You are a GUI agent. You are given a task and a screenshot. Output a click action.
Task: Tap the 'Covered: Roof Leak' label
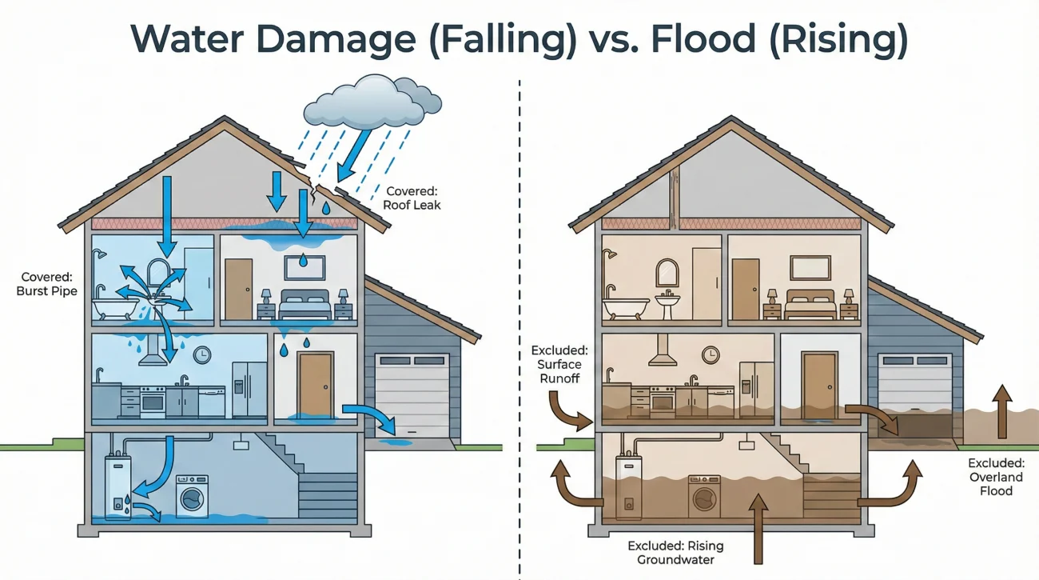pyautogui.click(x=413, y=198)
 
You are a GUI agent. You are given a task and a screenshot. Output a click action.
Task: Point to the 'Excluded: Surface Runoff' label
pyautogui.click(x=559, y=364)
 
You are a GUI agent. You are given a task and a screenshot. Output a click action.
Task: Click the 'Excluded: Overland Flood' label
pyautogui.click(x=996, y=476)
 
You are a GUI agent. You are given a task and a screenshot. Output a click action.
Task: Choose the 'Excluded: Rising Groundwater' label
pyautogui.click(x=675, y=552)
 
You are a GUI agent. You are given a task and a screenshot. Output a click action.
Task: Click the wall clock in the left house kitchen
pyautogui.click(x=201, y=354)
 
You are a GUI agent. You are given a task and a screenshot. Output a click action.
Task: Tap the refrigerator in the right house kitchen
pyautogui.click(x=755, y=388)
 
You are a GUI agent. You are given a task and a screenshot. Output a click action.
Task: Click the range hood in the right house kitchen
pyautogui.click(x=663, y=351)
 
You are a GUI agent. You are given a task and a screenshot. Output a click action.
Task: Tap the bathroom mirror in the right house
pyautogui.click(x=666, y=272)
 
